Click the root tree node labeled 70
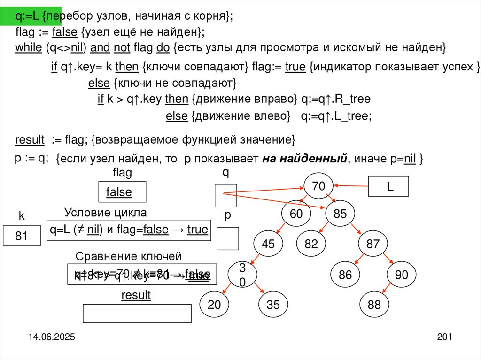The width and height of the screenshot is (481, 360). tap(318, 186)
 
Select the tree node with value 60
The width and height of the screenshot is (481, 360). tap(296, 214)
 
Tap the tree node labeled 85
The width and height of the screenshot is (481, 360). tap(340, 214)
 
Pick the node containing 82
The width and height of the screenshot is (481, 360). tap(311, 244)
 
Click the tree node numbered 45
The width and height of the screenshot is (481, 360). tap(268, 244)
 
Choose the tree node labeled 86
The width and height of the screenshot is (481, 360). tap(345, 275)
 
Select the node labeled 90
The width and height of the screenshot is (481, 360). tap(402, 275)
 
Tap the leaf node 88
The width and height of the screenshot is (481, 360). tap(374, 305)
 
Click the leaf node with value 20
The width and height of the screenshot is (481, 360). tap(214, 305)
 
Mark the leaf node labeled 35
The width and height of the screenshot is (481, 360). tap(272, 305)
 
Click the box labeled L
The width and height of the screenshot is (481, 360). tap(389, 186)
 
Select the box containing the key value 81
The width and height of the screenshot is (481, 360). tap(22, 236)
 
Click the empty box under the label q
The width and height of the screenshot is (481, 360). tap(225, 196)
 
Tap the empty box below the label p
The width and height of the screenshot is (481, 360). tap(227, 238)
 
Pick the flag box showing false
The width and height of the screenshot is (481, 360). tap(122, 191)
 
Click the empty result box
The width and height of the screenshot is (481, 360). tap(137, 314)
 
